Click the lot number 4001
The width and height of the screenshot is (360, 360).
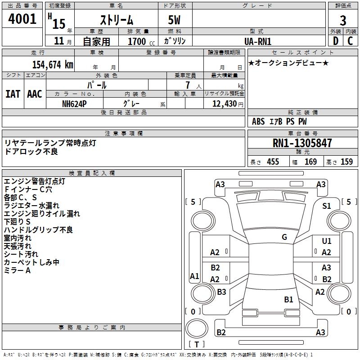pyautogui.click(x=22, y=19)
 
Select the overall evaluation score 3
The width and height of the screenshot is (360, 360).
pyautogui.click(x=343, y=20)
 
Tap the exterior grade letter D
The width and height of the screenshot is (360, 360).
pyautogui.click(x=335, y=40)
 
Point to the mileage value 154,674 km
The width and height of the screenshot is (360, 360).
pyautogui.click(x=53, y=65)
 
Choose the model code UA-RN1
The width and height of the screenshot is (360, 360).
pyautogui.click(x=258, y=41)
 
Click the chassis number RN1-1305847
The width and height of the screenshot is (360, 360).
pyautogui.click(x=302, y=143)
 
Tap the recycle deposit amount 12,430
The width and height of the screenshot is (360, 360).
pyautogui.click(x=224, y=103)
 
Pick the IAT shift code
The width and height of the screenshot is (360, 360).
pyautogui.click(x=13, y=94)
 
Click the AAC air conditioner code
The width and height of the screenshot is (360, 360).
pyautogui.click(x=35, y=94)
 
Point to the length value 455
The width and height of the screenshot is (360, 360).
pyautogui.click(x=273, y=162)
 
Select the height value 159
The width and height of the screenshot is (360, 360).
pyautogui.click(x=346, y=162)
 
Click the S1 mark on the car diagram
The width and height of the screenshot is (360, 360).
pyautogui.click(x=326, y=206)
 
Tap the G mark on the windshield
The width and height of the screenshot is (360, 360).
pyautogui.click(x=284, y=237)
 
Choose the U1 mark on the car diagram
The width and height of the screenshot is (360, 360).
pyautogui.click(x=326, y=242)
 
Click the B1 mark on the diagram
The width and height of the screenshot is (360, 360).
pyautogui.click(x=288, y=299)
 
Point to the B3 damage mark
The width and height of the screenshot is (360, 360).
pyautogui.click(x=221, y=292)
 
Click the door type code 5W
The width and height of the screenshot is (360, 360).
pyautogui.click(x=175, y=20)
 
